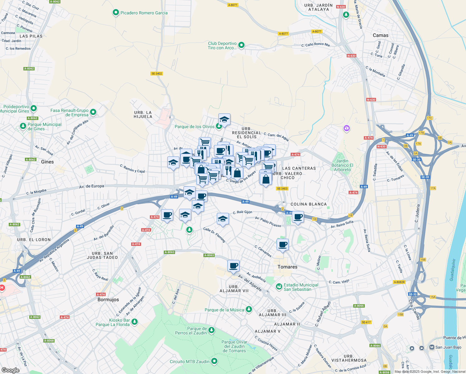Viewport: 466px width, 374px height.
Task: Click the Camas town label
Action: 381,35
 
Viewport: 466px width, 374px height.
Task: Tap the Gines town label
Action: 47,162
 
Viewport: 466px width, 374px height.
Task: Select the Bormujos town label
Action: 108,300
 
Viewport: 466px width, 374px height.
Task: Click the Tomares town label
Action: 287,267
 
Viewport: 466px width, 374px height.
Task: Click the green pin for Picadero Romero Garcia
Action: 116,13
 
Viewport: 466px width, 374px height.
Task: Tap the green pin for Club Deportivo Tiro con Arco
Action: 241,46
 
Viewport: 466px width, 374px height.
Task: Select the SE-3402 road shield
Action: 157,74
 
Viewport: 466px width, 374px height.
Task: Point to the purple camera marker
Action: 347,128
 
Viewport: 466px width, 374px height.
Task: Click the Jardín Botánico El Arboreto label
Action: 342,165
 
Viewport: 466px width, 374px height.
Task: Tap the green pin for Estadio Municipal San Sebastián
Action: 279,286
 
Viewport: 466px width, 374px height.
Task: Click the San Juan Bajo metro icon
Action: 432,347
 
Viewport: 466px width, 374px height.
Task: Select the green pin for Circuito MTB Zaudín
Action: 214,361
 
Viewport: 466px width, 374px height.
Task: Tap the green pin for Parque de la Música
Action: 249,309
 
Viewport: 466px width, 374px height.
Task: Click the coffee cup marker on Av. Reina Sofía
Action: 298,217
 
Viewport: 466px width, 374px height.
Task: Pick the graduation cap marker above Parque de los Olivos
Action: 224,119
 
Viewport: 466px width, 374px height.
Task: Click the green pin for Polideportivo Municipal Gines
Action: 34,108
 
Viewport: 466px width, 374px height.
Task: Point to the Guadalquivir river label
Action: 452,270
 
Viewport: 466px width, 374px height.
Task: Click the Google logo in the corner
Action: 11,370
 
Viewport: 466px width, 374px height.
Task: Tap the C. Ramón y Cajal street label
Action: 132,169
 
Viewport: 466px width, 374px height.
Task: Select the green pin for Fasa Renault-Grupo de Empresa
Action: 93,112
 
